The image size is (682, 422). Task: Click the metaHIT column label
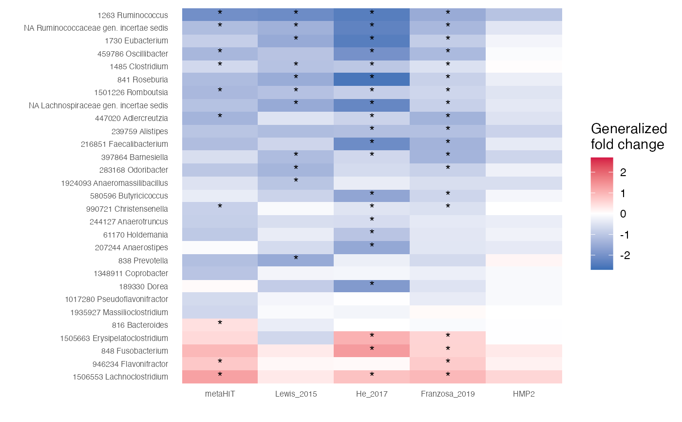(220, 394)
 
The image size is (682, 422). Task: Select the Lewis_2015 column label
(296, 394)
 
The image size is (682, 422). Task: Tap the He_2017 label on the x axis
(372, 394)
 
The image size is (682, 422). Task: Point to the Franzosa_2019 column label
(448, 394)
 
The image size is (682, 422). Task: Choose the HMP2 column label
(524, 394)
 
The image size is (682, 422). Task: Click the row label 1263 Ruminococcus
(133, 15)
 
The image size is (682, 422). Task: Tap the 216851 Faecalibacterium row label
(124, 144)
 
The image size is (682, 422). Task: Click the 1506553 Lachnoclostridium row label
(120, 377)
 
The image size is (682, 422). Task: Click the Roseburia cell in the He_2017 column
(372, 80)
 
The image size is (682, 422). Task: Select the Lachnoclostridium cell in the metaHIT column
(220, 377)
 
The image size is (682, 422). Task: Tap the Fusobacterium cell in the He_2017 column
(372, 351)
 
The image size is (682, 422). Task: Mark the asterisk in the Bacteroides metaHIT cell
(220, 323)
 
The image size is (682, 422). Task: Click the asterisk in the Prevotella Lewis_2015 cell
(296, 259)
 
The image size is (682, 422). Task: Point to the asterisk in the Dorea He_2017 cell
(372, 284)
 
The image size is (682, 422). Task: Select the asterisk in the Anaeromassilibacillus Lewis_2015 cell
(296, 181)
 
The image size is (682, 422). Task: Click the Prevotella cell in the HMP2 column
(524, 261)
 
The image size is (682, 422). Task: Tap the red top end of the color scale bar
(602, 160)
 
